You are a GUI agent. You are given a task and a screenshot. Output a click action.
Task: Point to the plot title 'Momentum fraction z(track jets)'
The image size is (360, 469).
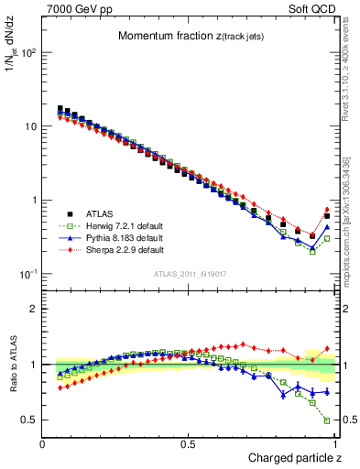tap(189, 36)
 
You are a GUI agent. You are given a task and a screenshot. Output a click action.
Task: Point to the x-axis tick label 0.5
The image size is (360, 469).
tap(189, 444)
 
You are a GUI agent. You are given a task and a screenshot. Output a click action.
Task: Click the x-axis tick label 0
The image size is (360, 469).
tap(42, 444)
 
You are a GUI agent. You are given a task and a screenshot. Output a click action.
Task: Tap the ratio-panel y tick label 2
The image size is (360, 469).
tap(35, 309)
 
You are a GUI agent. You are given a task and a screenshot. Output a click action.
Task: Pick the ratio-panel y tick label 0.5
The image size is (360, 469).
tap(31, 420)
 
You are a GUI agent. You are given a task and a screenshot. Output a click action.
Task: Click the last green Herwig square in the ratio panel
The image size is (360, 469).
tap(327, 421)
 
